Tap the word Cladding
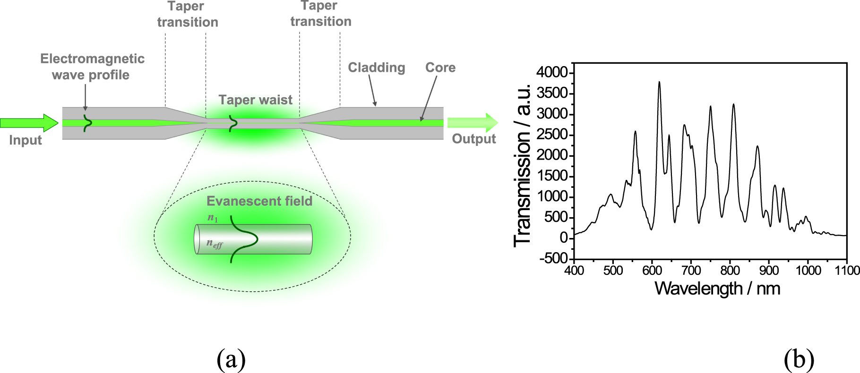pos(377,68)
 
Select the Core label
pos(440,68)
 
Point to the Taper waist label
pos(255,100)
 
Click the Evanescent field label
pos(259,201)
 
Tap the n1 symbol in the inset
pos(213,218)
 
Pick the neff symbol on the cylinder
pos(214,244)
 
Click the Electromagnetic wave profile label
pos(92,67)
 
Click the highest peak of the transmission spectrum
pos(659,82)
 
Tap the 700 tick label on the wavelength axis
pos(691,271)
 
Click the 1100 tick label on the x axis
pos(847,271)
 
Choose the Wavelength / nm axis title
pos(717,288)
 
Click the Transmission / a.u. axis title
pos(522,165)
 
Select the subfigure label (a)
pos(231,359)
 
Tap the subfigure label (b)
pos(799,359)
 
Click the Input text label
pos(26,140)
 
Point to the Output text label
pos(474,139)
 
